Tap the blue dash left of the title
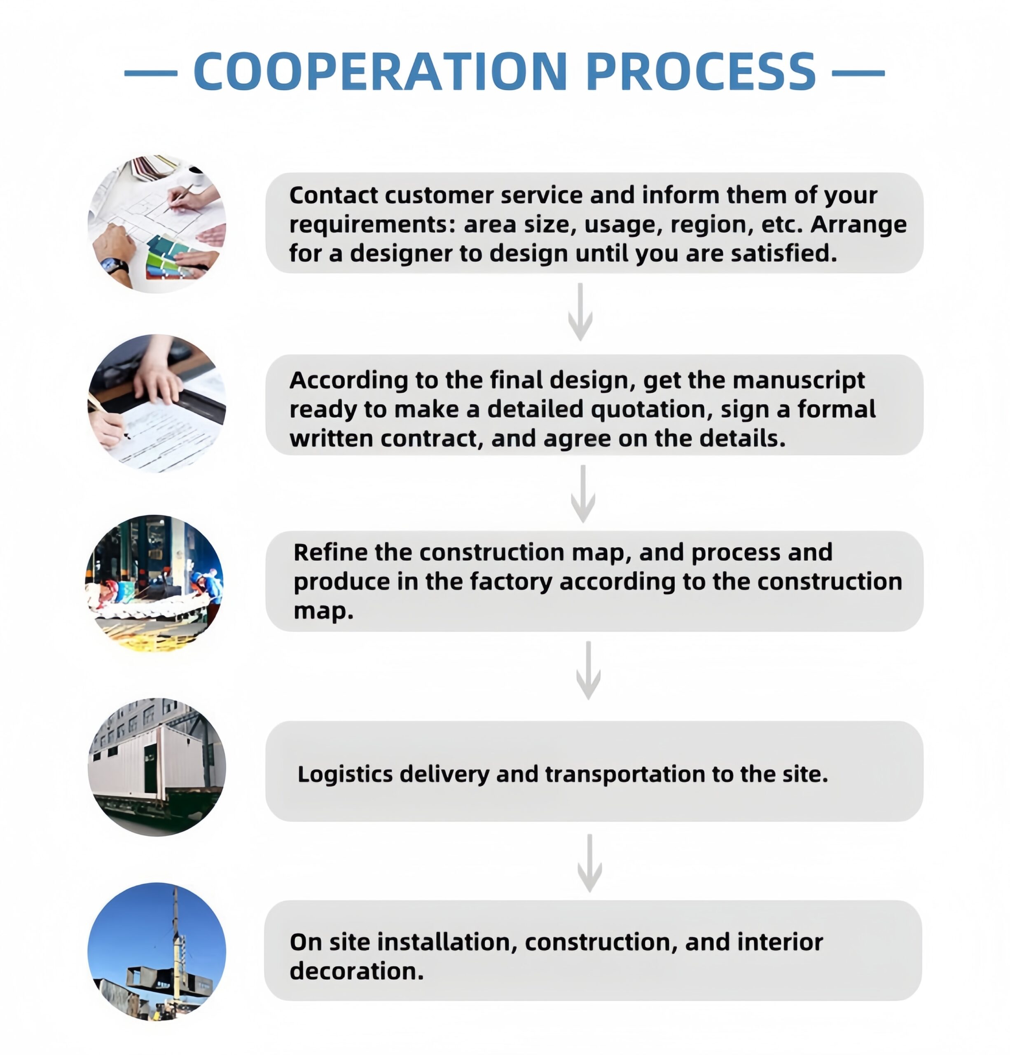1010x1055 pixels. [151, 73]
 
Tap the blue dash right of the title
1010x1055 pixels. [858, 73]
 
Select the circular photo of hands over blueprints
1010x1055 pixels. [157, 224]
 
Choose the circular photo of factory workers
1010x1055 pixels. [154, 584]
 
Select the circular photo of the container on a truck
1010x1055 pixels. [157, 767]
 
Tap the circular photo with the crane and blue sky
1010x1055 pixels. [157, 951]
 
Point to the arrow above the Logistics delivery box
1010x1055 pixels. [588, 670]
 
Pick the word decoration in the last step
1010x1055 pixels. [356, 971]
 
